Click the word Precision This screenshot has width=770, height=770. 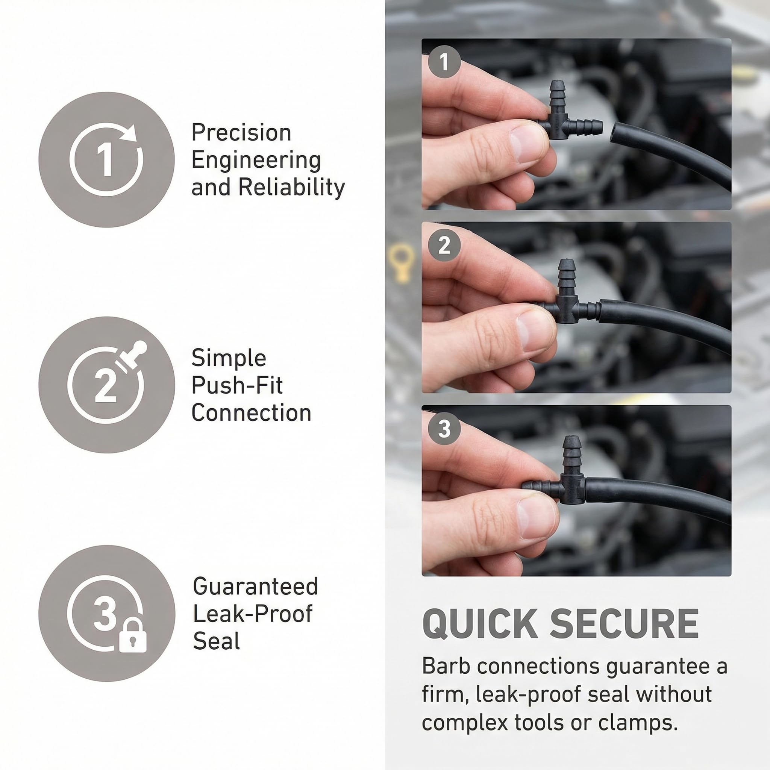(241, 133)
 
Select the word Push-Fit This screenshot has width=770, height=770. (237, 385)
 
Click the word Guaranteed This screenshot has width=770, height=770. (255, 586)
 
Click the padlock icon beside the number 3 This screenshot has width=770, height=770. (133, 636)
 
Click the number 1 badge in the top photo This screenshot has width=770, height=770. (444, 61)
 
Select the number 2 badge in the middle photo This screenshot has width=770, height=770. (444, 245)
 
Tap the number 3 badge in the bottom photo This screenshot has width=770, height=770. (444, 429)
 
